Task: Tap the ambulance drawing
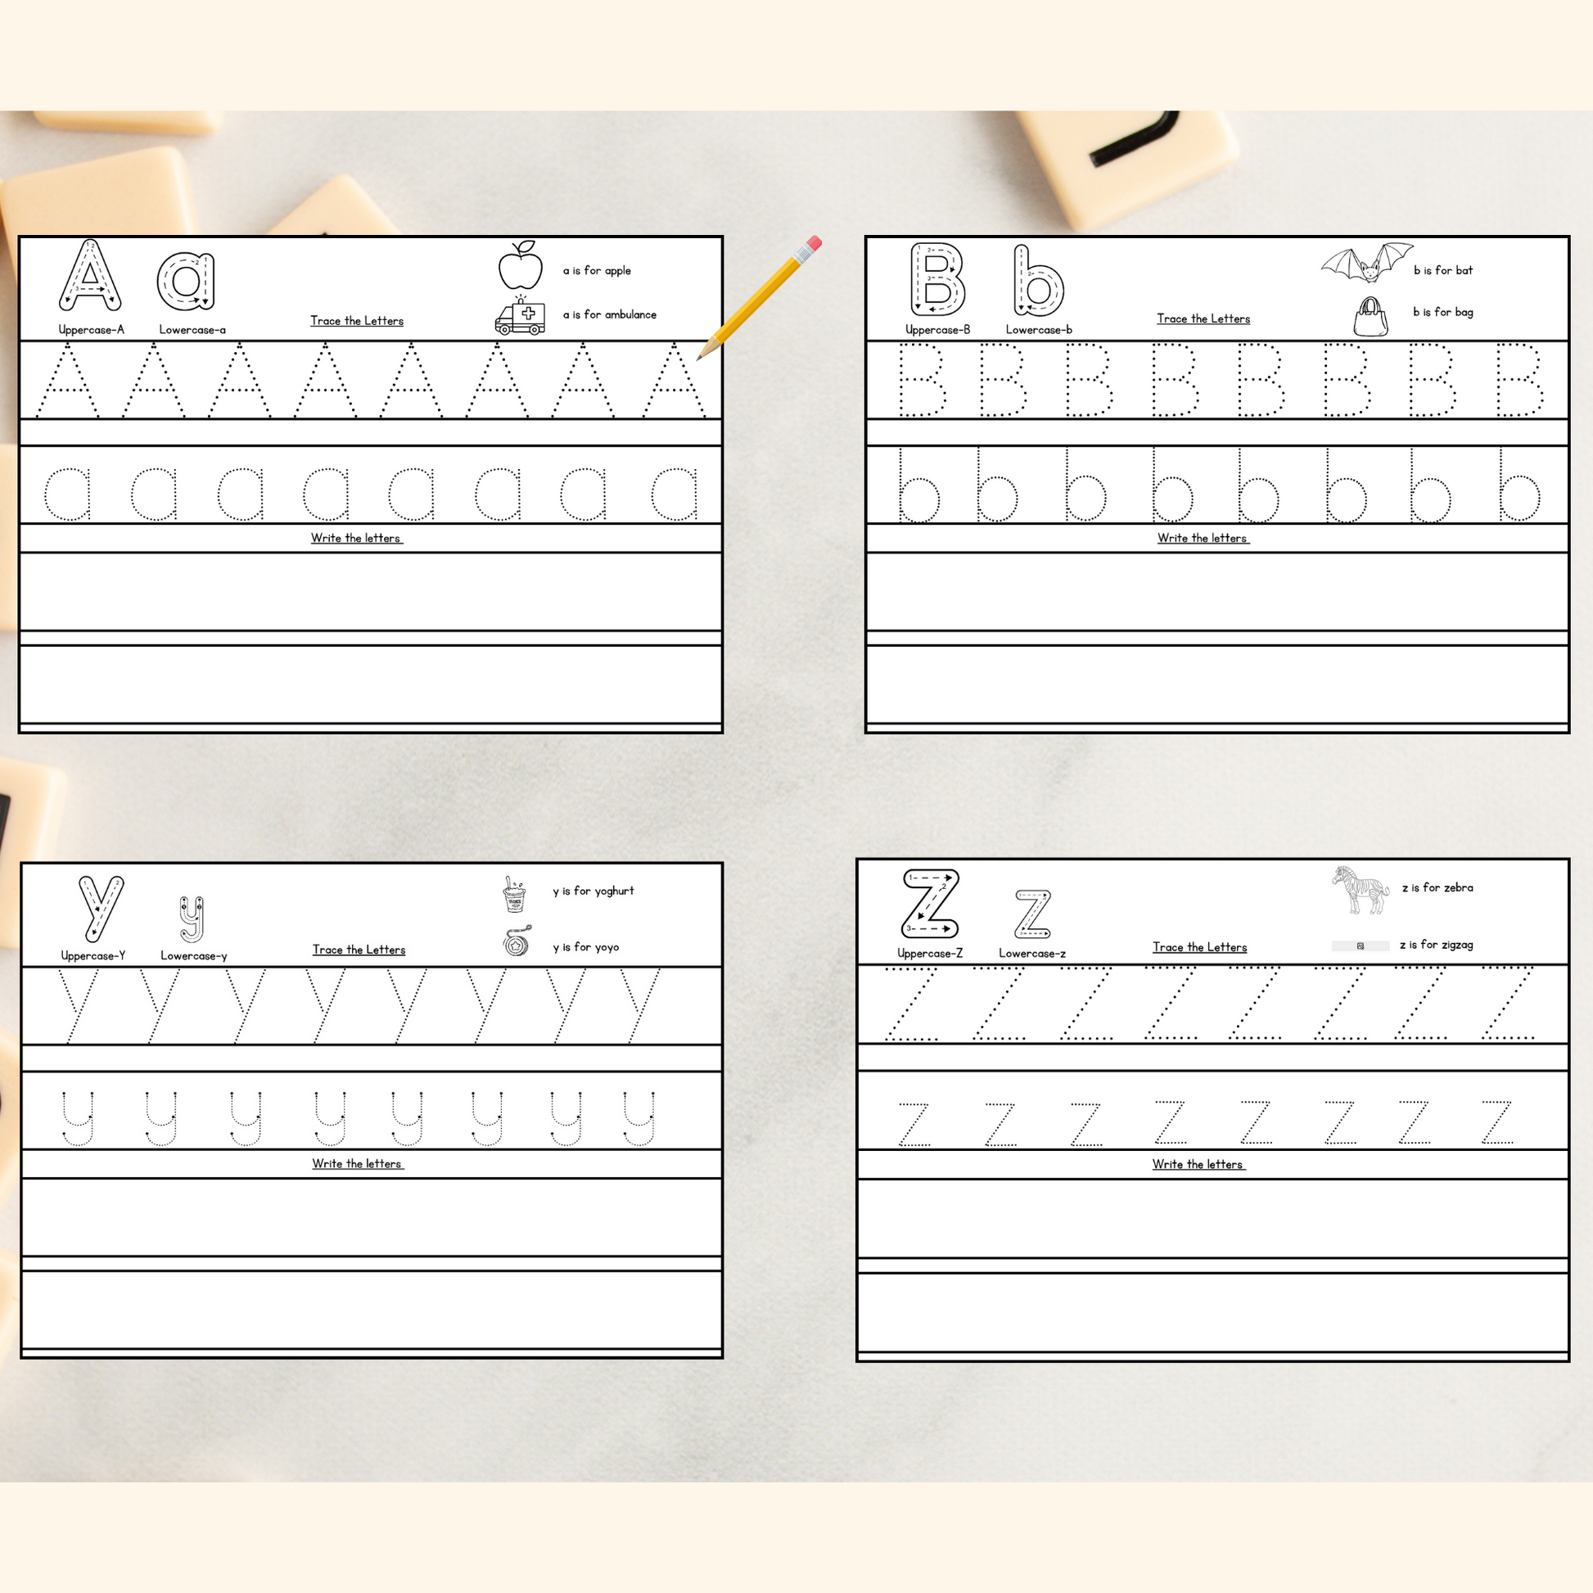click(520, 315)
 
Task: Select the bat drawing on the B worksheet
click(1366, 262)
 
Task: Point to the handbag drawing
click(1370, 317)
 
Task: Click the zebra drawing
click(1360, 889)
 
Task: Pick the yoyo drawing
click(517, 941)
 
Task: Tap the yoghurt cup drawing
click(515, 895)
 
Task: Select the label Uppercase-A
click(92, 330)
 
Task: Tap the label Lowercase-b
click(1039, 330)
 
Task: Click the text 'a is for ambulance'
click(609, 314)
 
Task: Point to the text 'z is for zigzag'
click(1437, 945)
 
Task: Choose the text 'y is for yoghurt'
click(593, 891)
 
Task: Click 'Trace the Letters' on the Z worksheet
click(1200, 947)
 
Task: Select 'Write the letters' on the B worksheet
click(1203, 539)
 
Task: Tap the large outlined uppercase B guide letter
click(937, 279)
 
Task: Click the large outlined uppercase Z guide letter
click(930, 904)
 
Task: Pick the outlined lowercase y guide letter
click(192, 919)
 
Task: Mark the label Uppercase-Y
click(93, 956)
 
